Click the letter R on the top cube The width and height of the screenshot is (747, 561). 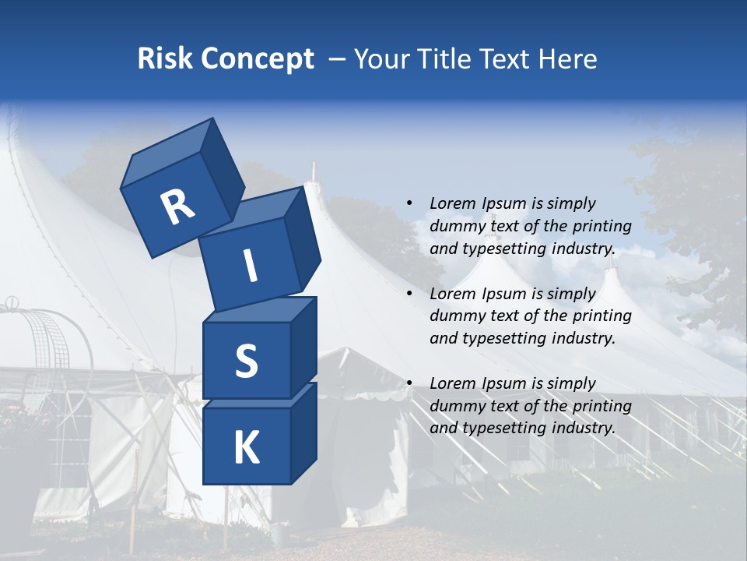tap(177, 207)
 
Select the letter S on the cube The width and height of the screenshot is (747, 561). tap(246, 362)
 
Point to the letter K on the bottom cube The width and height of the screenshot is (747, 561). tap(246, 448)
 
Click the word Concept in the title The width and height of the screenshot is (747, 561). tap(256, 59)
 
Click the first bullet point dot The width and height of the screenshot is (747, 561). tap(409, 204)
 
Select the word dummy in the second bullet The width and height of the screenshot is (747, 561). tap(457, 316)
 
